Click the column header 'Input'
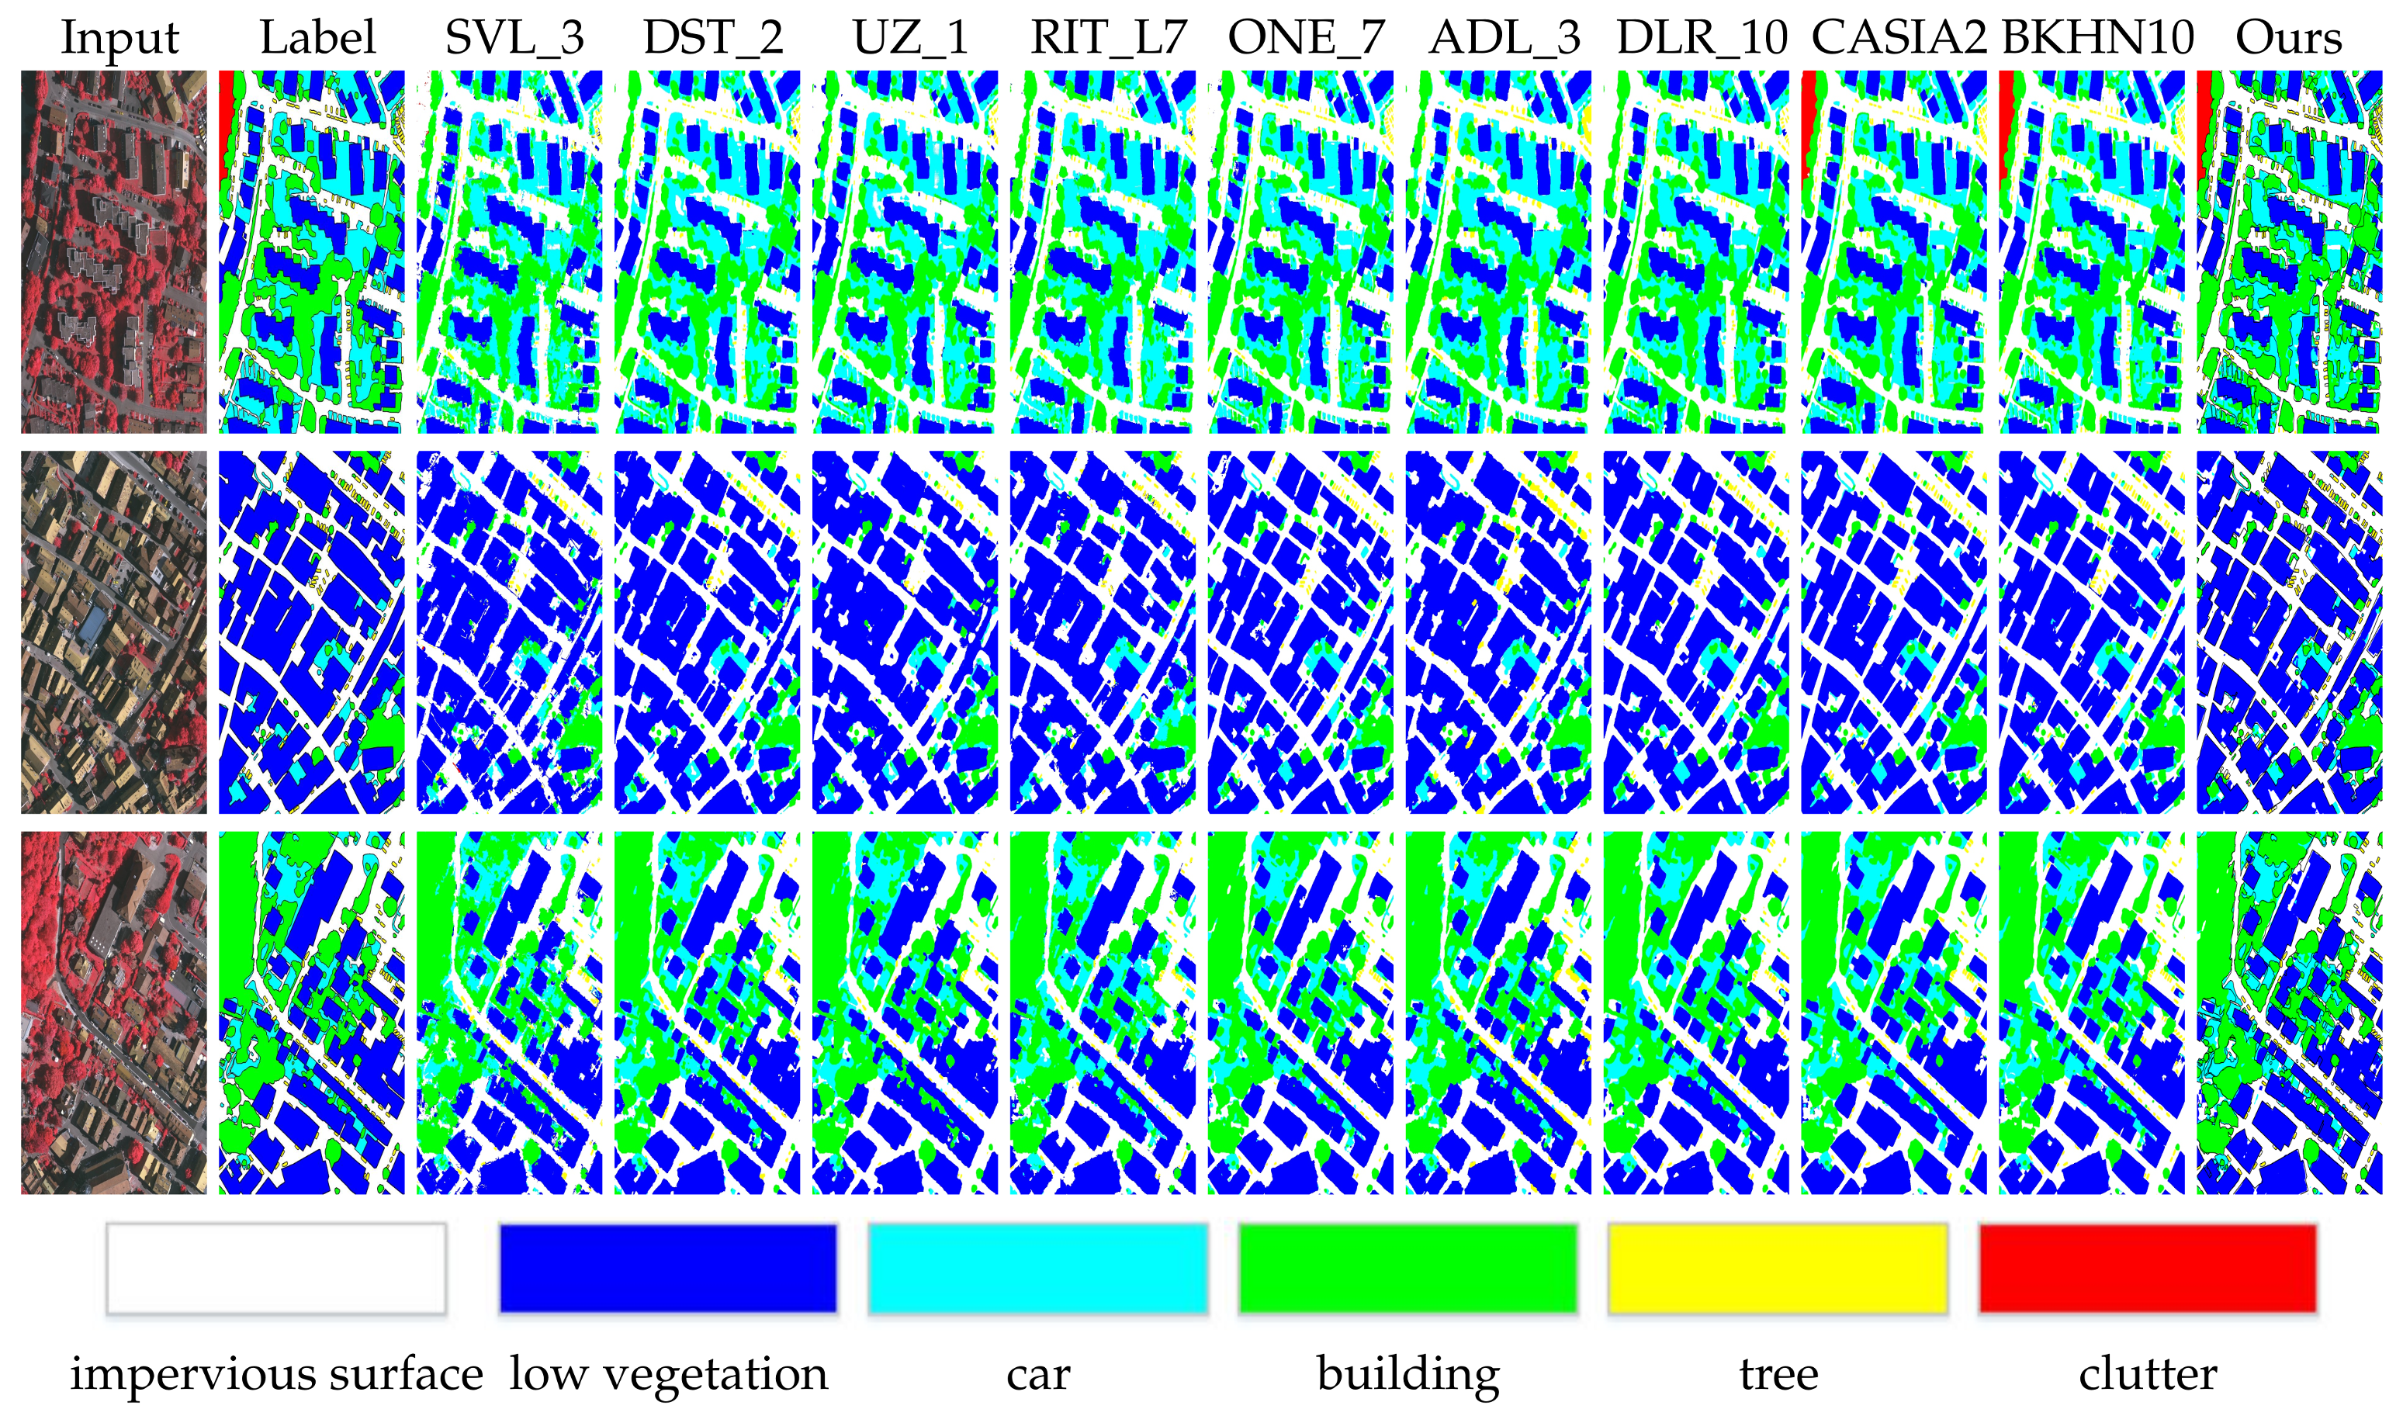pos(119,38)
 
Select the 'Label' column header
pos(317,38)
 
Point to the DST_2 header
pos(713,38)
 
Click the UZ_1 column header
pos(910,38)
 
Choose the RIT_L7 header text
pos(1109,38)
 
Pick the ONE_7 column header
pos(1306,38)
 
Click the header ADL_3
pos(1504,38)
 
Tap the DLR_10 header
pos(1702,38)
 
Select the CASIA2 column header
pos(1899,38)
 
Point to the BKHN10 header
pos(2097,38)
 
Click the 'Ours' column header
pos(2289,38)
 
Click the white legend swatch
pos(276,1268)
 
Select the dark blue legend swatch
pos(668,1268)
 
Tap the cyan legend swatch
pos(1037,1268)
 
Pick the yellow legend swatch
pos(1778,1268)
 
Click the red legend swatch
pos(2148,1268)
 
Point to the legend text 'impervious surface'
pos(276,1374)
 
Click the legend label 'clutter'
pos(2148,1373)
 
